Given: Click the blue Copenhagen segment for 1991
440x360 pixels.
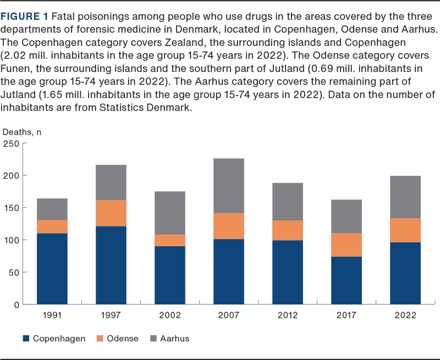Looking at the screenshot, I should pos(52,269).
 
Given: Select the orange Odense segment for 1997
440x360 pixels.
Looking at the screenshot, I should pos(111,213).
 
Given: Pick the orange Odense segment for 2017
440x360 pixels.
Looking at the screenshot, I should pos(346,245).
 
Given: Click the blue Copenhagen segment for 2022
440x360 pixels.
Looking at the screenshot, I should pos(405,273).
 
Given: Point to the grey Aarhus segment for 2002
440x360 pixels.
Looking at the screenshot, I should pos(170,213).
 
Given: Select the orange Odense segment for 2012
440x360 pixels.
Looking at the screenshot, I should pos(288,230).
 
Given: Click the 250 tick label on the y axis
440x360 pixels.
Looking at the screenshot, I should pos(12,144).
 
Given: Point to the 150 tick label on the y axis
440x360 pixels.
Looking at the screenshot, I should pos(12,208).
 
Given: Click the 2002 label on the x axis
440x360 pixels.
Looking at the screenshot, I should pos(170,315).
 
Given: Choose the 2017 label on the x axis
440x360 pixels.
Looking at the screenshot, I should pos(346,315).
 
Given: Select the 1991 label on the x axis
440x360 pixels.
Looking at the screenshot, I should pos(52,315).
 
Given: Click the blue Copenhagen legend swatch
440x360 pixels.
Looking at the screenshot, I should pos(25,339).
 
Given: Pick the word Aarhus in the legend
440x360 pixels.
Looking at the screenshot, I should pos(174,339).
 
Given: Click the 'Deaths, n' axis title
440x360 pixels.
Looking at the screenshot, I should pos(22,132).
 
